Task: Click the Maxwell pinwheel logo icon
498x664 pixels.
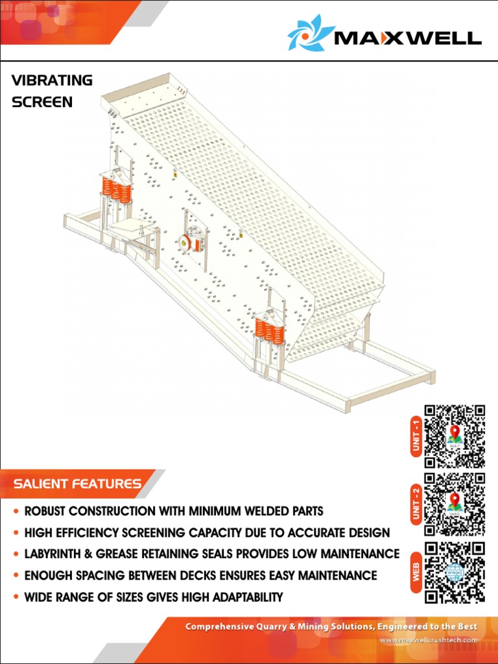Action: tap(311, 32)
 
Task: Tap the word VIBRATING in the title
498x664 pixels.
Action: tap(52, 80)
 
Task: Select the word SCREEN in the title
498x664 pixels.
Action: tap(42, 102)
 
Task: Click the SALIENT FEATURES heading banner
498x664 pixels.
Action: tap(78, 484)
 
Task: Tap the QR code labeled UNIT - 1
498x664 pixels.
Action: tap(455, 436)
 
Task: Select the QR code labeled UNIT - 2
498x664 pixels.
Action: tap(455, 504)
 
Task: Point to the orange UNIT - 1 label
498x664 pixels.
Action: tap(416, 436)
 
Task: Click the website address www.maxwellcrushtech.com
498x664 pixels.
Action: tap(428, 641)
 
